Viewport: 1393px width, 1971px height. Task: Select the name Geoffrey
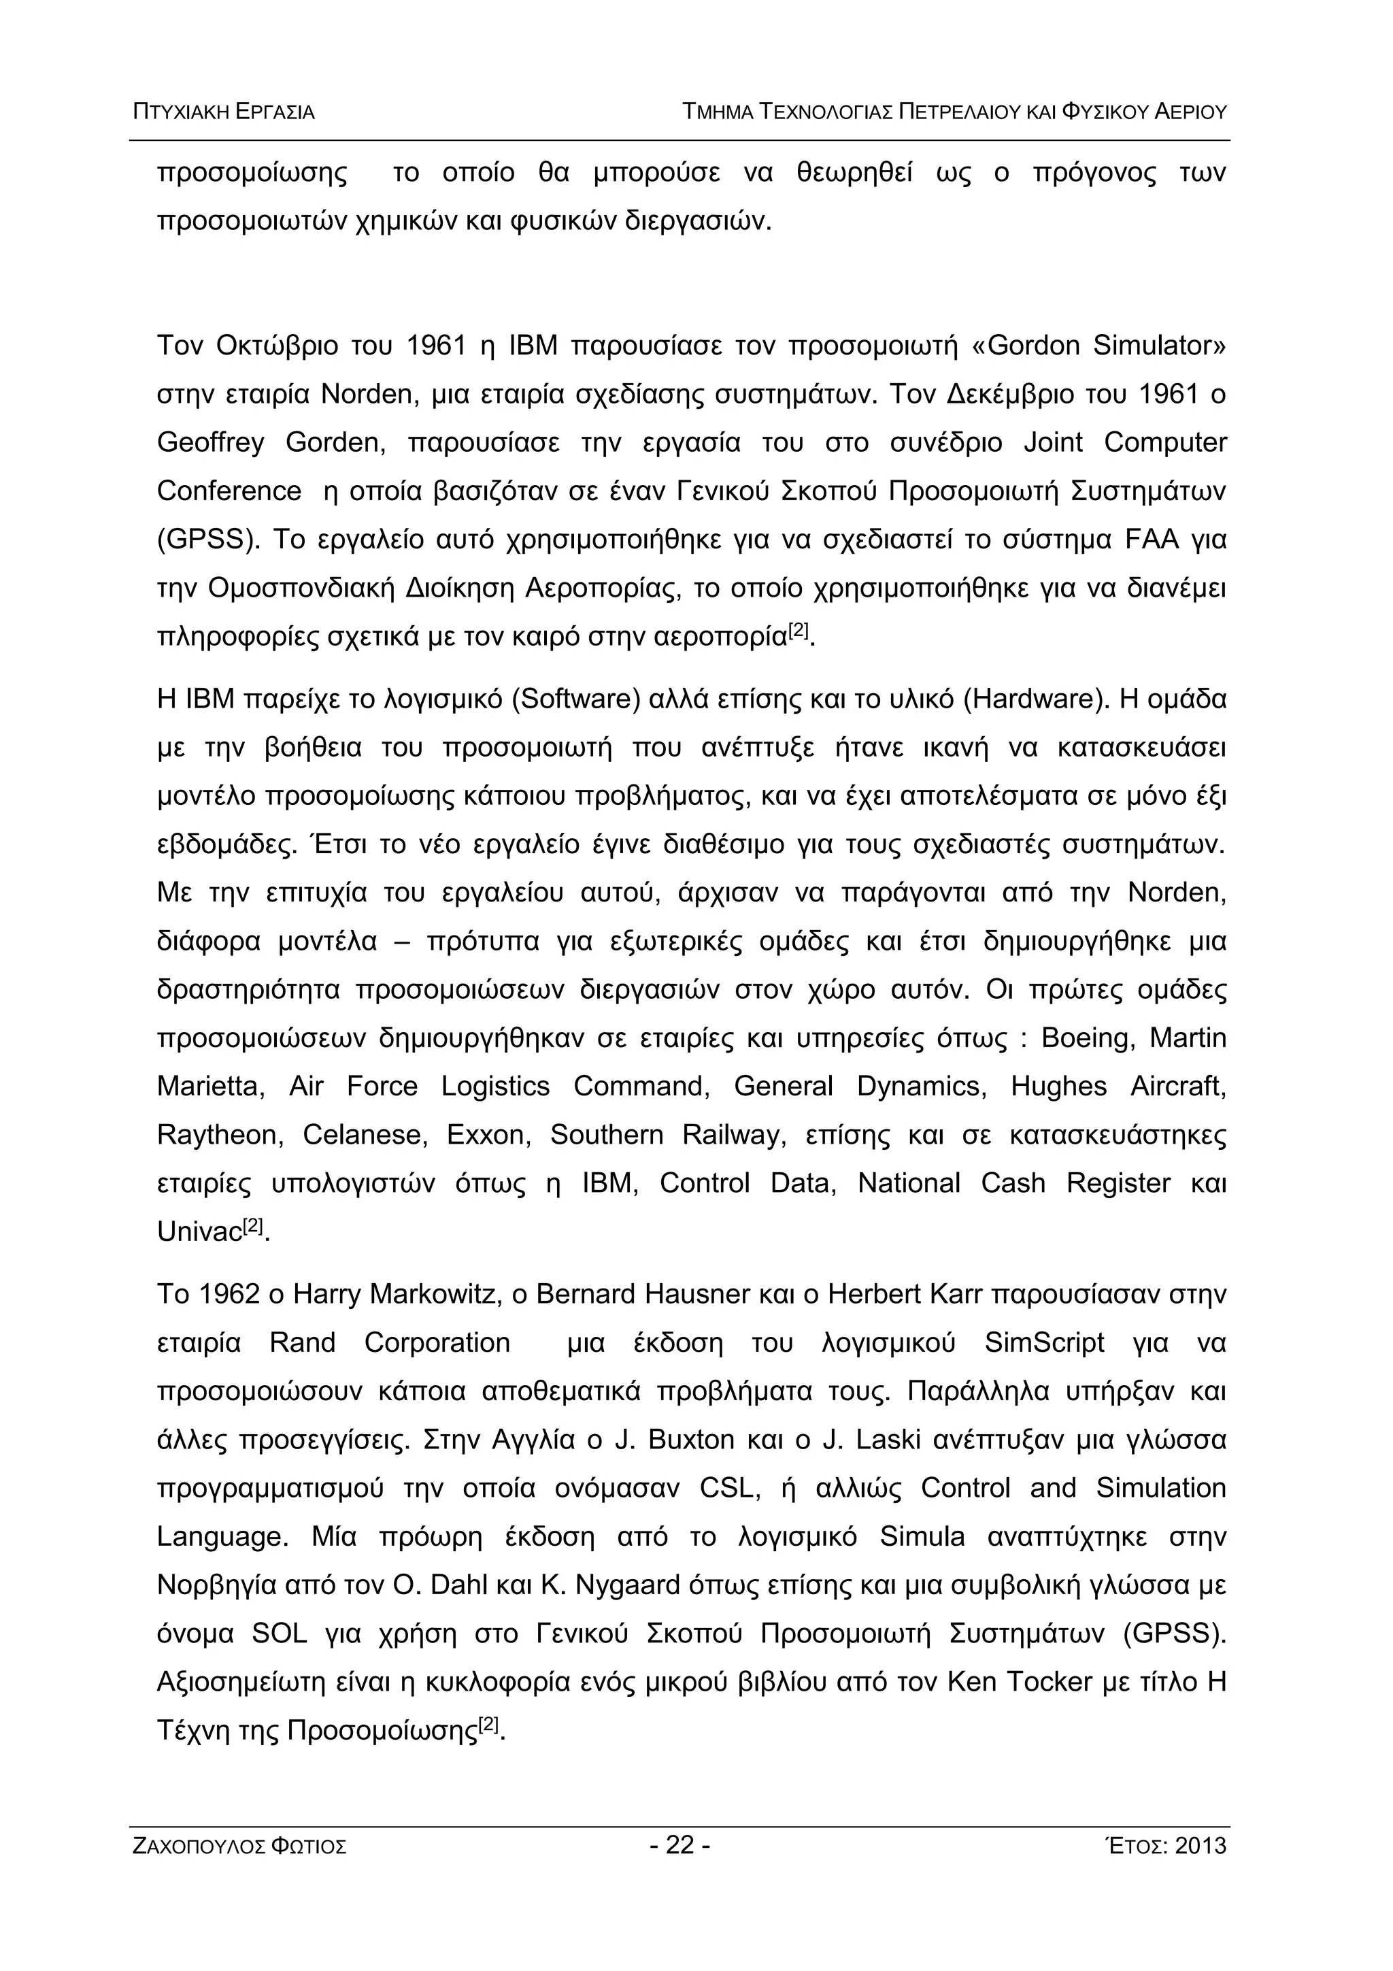pyautogui.click(x=210, y=443)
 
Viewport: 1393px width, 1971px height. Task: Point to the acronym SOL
pyautogui.click(x=280, y=1634)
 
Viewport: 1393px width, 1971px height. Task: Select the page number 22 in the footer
pyautogui.click(x=679, y=1845)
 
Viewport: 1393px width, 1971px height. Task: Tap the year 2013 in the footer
pyautogui.click(x=1202, y=1846)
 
